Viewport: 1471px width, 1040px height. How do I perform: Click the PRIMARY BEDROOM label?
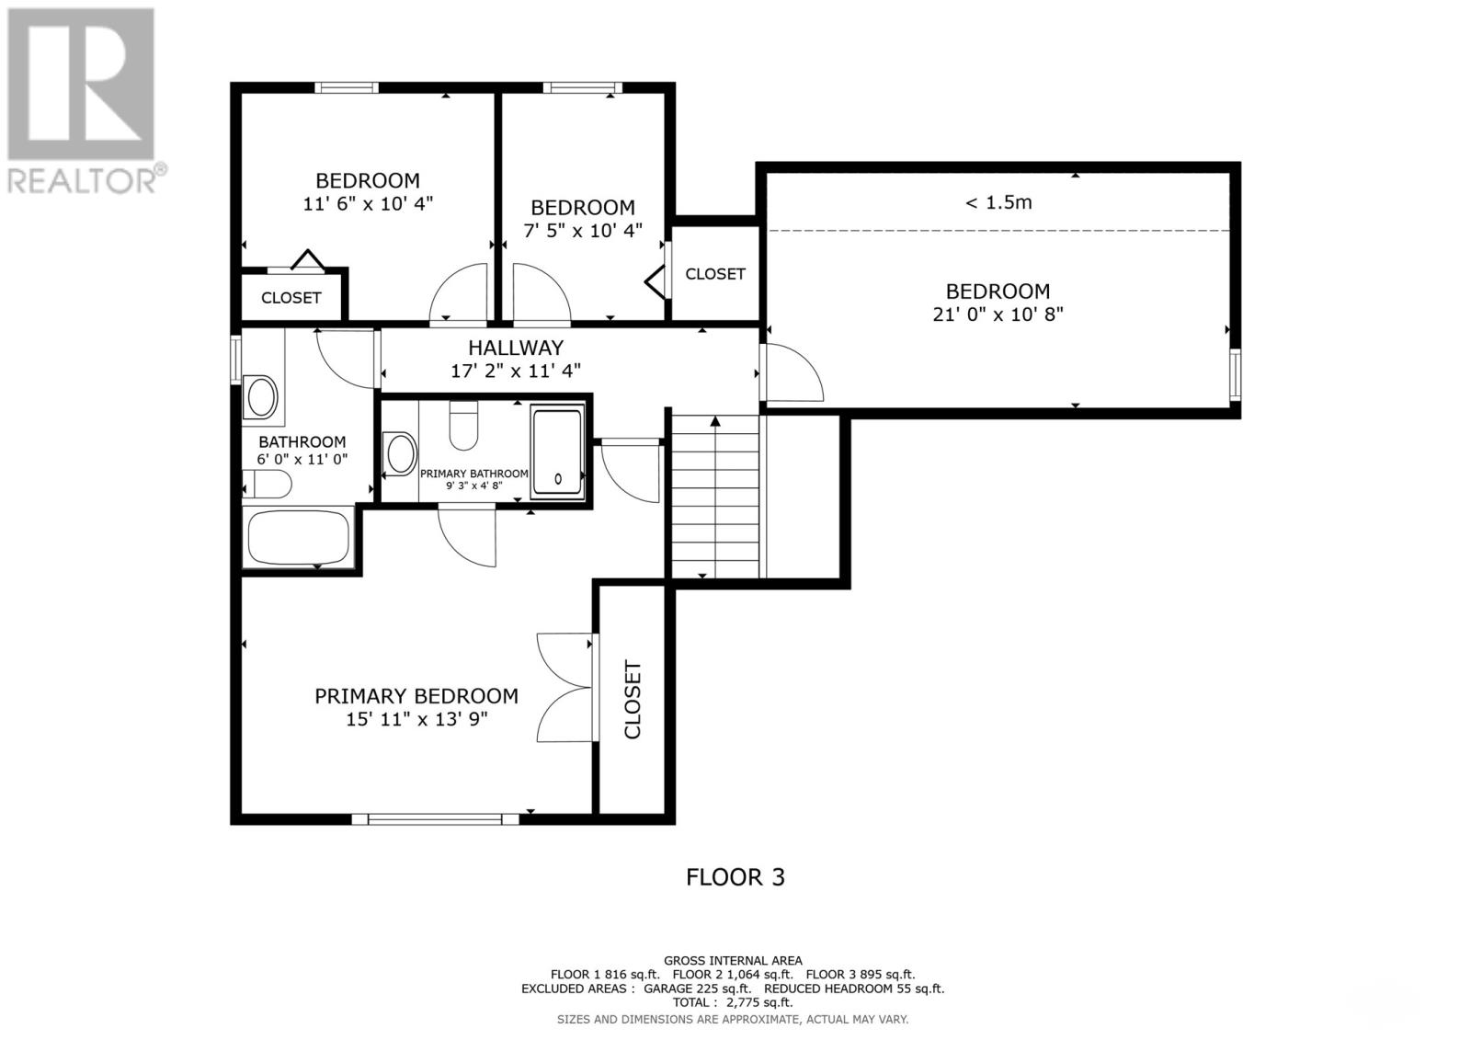coord(416,696)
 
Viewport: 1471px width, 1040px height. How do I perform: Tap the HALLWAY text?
coord(515,348)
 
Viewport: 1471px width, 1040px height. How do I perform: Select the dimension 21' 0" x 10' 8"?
coord(998,314)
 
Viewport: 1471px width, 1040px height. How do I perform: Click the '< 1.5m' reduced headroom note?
coord(998,202)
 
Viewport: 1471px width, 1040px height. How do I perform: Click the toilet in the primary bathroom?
coord(463,426)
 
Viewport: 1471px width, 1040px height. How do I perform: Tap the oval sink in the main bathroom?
coord(261,397)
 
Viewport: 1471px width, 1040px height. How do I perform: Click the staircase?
coord(715,497)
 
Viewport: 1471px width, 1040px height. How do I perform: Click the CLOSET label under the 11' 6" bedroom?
coord(291,298)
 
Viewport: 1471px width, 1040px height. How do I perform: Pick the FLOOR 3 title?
coord(735,877)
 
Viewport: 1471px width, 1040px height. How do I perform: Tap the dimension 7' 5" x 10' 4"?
coord(583,231)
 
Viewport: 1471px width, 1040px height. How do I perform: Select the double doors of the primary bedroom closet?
coord(564,687)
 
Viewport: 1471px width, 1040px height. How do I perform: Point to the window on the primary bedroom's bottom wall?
coord(434,818)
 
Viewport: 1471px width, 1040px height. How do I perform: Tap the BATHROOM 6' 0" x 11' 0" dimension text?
coord(302,459)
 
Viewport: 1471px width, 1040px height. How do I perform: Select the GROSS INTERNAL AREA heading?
coord(733,961)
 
